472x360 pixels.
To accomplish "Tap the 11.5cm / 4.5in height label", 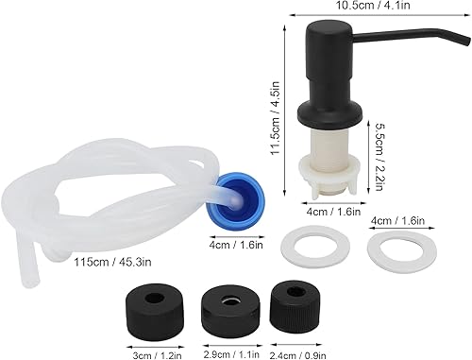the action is point(275,118).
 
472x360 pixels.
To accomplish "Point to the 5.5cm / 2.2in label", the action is point(379,157).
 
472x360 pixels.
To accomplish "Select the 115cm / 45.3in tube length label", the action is point(112,262).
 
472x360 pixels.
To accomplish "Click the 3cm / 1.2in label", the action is point(156,355).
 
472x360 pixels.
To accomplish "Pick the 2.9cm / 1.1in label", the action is point(231,354).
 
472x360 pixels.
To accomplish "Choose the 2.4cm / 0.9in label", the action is point(298,355).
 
